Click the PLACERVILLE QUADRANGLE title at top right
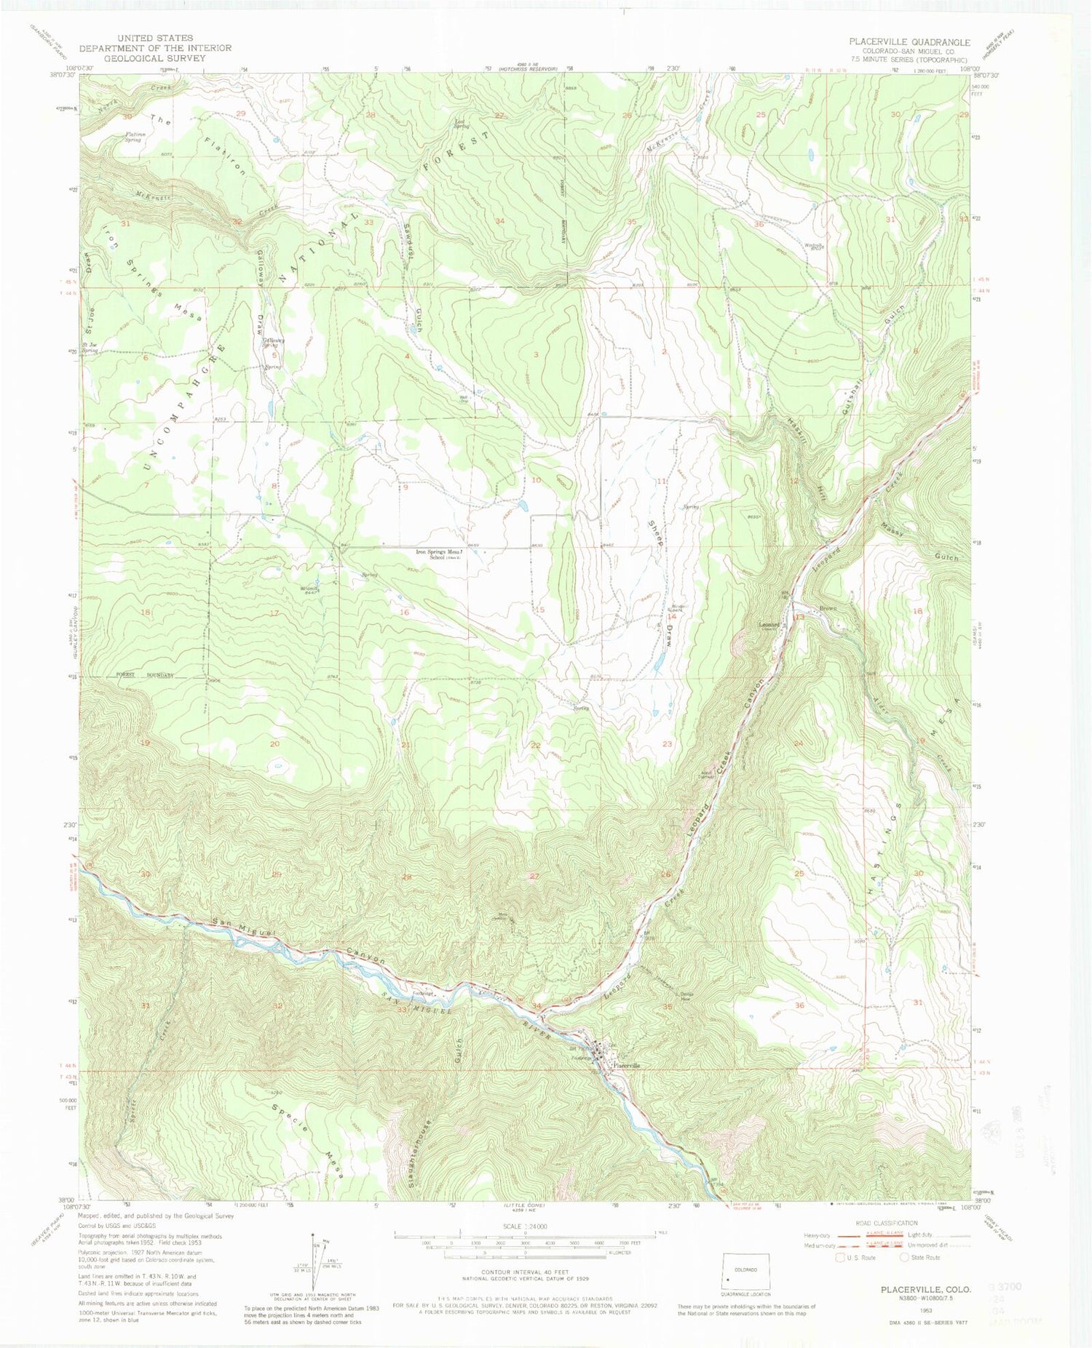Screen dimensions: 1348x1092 [x=909, y=42]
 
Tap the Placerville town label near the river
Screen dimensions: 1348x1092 [x=626, y=1065]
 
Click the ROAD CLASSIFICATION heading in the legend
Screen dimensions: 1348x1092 [x=887, y=1223]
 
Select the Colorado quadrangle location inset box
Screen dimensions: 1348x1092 [x=745, y=1272]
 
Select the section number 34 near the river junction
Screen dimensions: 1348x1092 [x=537, y=1006]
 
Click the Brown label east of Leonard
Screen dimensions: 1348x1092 [x=828, y=608]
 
